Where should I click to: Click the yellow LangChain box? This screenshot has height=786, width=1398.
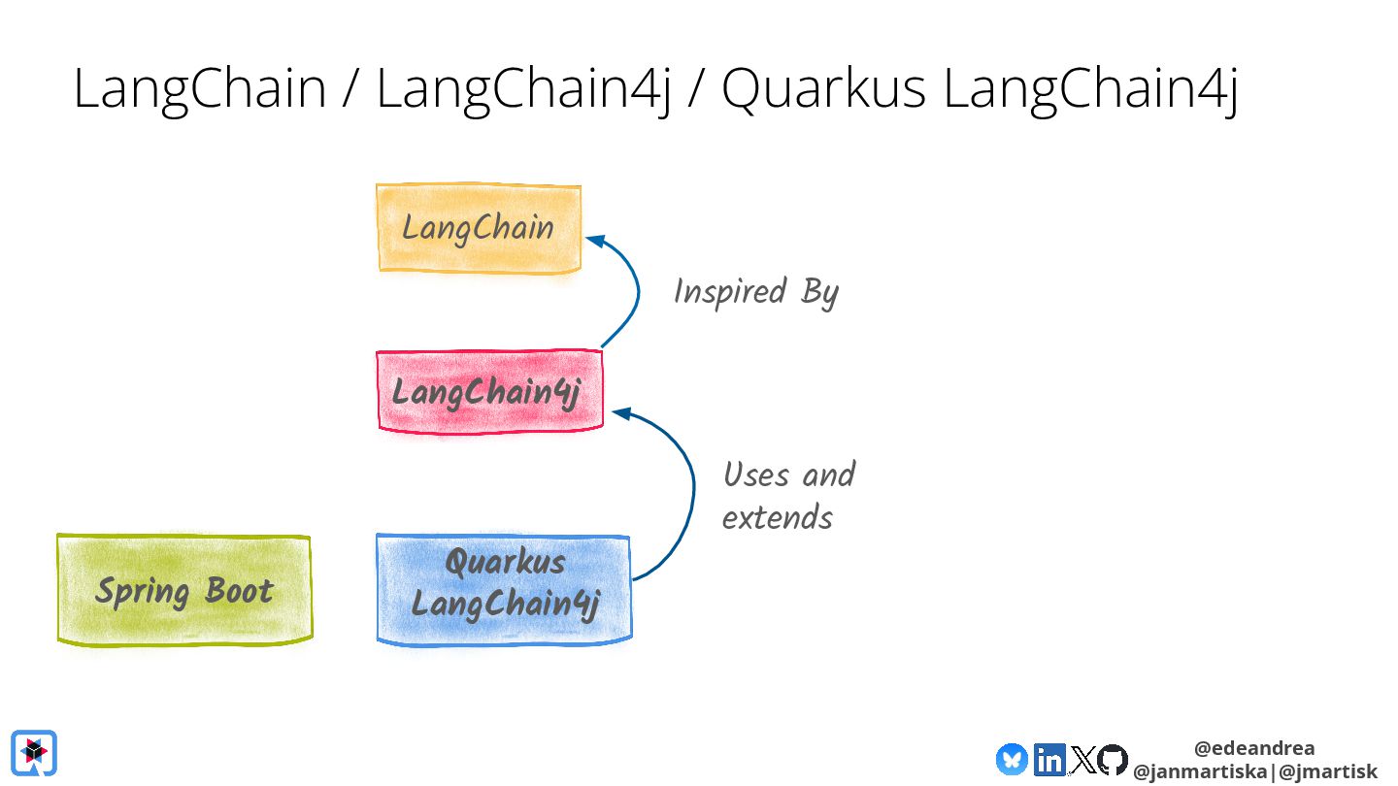click(479, 229)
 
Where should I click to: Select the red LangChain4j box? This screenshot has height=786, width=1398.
click(489, 392)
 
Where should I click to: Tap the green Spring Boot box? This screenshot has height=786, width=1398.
click(184, 590)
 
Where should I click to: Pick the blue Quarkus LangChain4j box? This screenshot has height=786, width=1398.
click(504, 588)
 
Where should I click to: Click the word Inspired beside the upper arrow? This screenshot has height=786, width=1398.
click(729, 292)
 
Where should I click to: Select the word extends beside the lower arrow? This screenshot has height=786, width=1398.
click(778, 517)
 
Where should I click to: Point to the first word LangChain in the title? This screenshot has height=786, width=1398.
click(200, 89)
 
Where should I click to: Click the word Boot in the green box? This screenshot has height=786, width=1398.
click(239, 591)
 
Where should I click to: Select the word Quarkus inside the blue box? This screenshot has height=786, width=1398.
click(505, 563)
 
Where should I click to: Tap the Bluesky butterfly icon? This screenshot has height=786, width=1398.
click(1012, 759)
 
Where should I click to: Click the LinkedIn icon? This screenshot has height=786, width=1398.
click(1049, 759)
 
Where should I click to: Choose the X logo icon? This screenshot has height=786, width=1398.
click(1082, 759)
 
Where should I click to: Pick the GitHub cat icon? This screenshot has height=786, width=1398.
click(1113, 759)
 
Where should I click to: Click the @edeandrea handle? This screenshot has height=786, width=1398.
click(1254, 748)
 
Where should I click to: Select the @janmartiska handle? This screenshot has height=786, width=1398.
click(1199, 772)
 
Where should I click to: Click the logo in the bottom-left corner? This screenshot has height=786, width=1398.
click(34, 752)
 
